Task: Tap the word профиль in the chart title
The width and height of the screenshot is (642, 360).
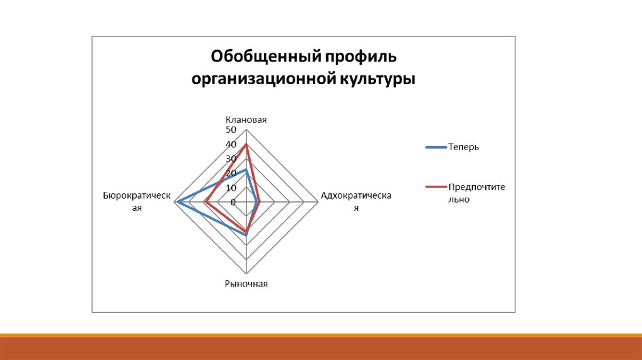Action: tap(360, 57)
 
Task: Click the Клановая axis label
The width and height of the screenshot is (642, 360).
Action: tap(246, 120)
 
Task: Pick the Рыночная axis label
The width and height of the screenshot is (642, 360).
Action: tap(246, 284)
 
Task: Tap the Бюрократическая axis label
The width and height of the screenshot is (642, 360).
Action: tap(137, 201)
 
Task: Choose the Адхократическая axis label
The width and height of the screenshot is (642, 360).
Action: tap(356, 201)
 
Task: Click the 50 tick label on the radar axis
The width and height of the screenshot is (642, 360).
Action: tap(231, 130)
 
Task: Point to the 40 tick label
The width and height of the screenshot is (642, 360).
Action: tap(231, 144)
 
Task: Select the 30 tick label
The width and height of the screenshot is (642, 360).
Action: tap(231, 159)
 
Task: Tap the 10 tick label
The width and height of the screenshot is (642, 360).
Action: tap(231, 188)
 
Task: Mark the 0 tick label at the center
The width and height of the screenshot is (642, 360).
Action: tap(233, 203)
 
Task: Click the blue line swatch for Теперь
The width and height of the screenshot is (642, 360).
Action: tap(436, 147)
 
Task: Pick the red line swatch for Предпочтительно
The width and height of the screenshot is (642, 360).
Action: tap(436, 187)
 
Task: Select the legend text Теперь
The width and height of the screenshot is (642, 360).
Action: tap(463, 147)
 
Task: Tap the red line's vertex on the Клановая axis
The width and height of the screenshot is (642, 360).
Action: tap(246, 144)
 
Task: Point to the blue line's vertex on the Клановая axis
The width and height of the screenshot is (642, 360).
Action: tap(246, 169)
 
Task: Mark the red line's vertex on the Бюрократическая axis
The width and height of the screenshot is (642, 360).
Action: tap(206, 203)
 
